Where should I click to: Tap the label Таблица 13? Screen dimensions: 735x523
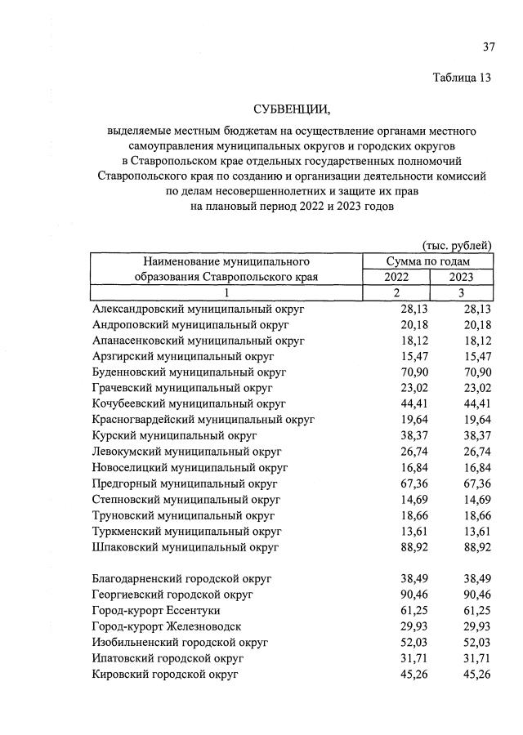pos(462,78)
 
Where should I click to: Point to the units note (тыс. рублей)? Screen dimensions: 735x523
pos(457,245)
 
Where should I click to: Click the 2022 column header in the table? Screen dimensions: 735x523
pos(396,277)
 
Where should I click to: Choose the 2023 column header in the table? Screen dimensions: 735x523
pos(462,277)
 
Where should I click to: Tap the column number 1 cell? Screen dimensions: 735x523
pos(226,292)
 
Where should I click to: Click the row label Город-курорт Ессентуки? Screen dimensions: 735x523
pos(156,610)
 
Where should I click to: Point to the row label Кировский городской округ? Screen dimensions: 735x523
pos(165,674)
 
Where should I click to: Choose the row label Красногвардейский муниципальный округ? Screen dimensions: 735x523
pos(203,420)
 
